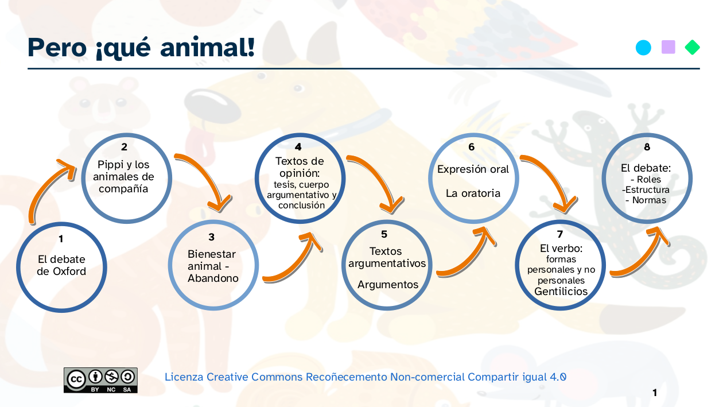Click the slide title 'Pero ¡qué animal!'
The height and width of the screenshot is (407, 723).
click(141, 47)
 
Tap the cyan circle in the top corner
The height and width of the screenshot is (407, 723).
click(644, 48)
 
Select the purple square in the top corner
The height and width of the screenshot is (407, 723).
click(668, 47)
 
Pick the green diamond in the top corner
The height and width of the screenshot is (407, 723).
click(693, 48)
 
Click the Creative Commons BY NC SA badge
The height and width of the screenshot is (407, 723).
click(100, 380)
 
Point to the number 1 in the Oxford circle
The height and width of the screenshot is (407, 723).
click(61, 238)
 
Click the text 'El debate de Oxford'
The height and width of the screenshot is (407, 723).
click(61, 265)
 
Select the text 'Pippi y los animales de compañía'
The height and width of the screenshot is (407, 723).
click(124, 177)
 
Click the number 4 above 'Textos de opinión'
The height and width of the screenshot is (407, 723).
click(298, 147)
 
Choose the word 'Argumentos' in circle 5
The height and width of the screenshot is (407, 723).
click(388, 285)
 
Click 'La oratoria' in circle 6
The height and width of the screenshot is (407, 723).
click(473, 193)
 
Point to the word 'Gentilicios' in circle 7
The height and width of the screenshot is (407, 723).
click(561, 292)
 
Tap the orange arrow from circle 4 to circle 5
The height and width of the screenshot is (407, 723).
click(376, 178)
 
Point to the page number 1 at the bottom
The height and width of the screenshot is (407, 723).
click(655, 393)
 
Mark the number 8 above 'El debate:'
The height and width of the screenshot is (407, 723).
click(647, 147)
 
